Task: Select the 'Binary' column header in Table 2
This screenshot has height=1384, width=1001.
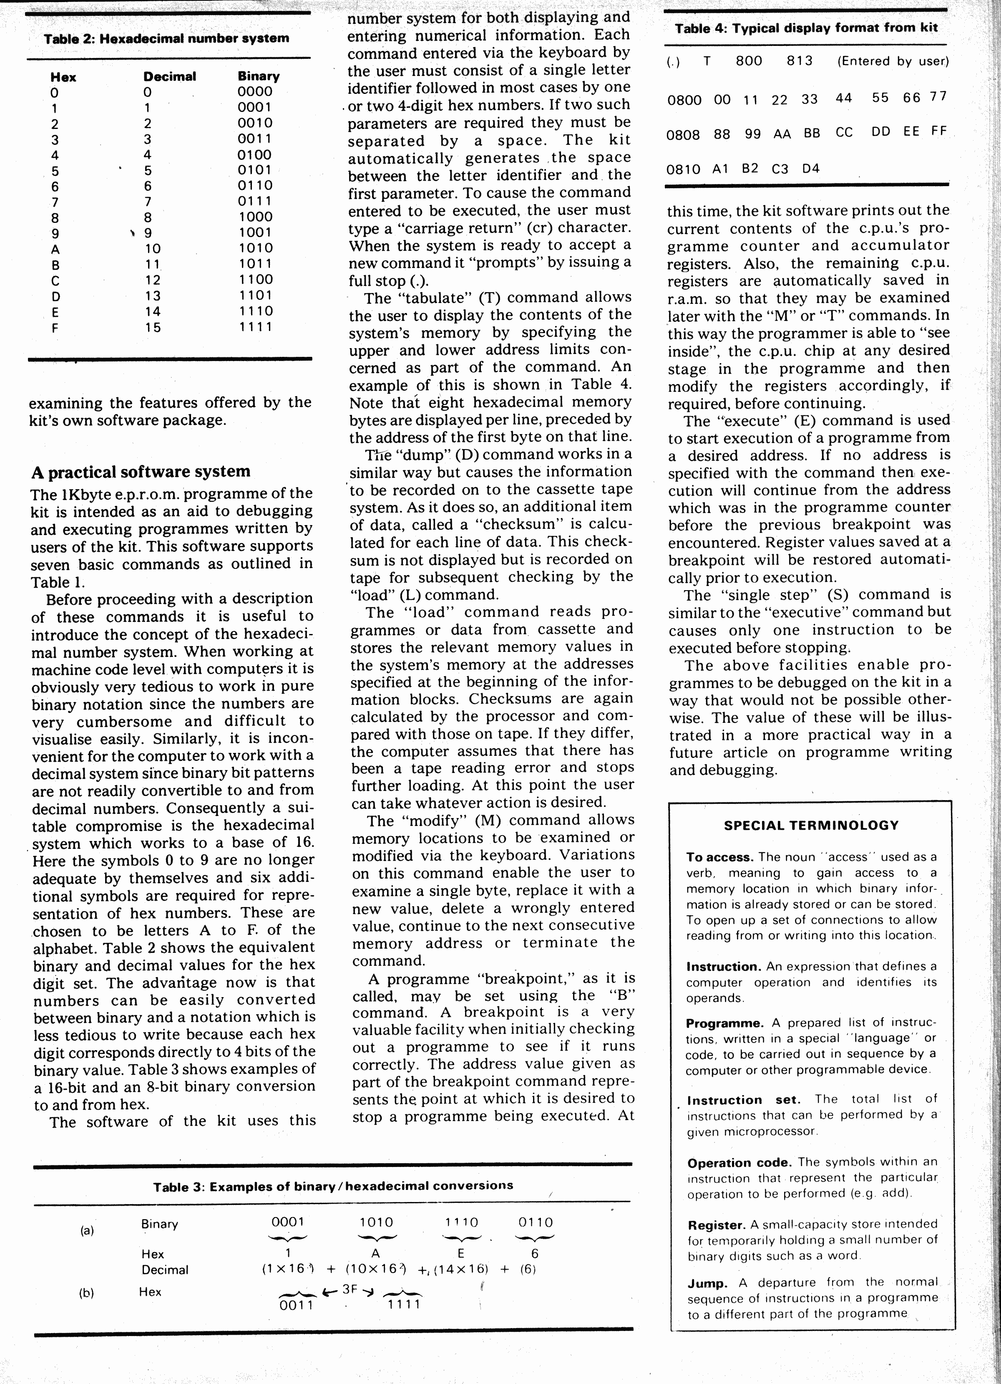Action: [259, 76]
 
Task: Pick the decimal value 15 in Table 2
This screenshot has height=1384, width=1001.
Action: [153, 328]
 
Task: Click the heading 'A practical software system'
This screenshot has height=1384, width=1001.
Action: [141, 472]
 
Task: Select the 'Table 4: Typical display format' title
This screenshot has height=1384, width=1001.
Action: [805, 28]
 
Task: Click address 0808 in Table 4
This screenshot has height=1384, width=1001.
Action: [683, 134]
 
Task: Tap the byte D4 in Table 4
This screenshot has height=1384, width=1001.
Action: [811, 169]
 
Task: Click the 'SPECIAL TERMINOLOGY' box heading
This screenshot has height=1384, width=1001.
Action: [811, 826]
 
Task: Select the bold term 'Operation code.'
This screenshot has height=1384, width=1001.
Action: [739, 1162]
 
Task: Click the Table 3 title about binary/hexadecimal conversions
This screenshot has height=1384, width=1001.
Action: [333, 1186]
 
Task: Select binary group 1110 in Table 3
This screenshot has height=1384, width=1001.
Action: [461, 1222]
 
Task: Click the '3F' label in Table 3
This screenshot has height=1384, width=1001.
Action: [350, 1289]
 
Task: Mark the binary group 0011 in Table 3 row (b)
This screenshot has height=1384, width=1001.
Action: [296, 1305]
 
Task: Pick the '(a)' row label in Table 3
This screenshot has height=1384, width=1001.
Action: [87, 1230]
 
